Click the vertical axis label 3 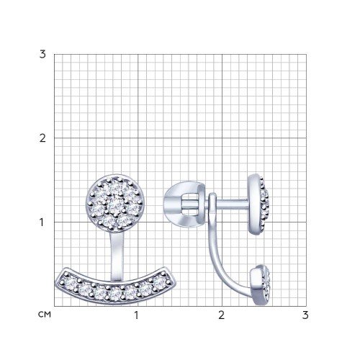pos(42,55)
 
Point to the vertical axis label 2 pos(42,138)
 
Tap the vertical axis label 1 pos(42,222)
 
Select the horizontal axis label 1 pos(136,315)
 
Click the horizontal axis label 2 pos(221,315)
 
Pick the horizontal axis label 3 pos(305,315)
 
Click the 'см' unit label pos(45,315)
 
